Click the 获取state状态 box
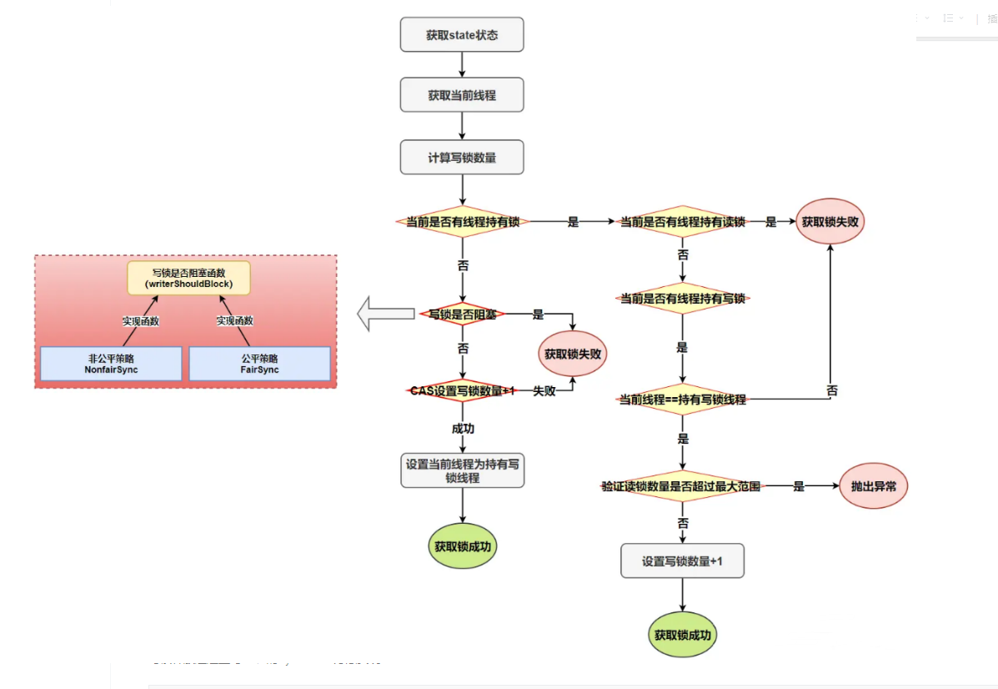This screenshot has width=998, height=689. [x=462, y=35]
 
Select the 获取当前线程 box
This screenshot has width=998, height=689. [x=462, y=96]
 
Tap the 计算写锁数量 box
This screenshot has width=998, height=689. [x=462, y=157]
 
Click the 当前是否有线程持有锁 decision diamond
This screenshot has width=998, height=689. [x=462, y=222]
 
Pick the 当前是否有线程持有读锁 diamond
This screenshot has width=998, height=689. [x=682, y=222]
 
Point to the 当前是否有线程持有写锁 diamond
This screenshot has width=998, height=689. [x=682, y=298]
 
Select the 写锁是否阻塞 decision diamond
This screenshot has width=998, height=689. [x=462, y=314]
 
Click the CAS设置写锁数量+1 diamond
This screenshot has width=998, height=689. [x=462, y=390]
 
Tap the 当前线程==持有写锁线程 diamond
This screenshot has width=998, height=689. [x=682, y=400]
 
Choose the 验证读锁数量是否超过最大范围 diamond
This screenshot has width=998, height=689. [x=682, y=485]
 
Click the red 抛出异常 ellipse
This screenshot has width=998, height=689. [x=873, y=485]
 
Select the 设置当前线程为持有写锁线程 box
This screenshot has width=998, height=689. [x=462, y=470]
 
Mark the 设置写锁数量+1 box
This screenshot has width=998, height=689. [x=682, y=561]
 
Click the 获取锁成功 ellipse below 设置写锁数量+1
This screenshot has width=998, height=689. [x=682, y=635]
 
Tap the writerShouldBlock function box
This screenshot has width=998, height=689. [x=188, y=278]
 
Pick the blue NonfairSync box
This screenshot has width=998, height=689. [x=111, y=364]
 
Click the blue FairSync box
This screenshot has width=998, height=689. [x=259, y=364]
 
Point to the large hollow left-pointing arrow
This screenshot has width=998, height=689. [x=385, y=314]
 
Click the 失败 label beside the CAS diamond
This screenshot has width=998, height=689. [x=544, y=390]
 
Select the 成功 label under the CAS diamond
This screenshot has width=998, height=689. [x=463, y=428]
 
